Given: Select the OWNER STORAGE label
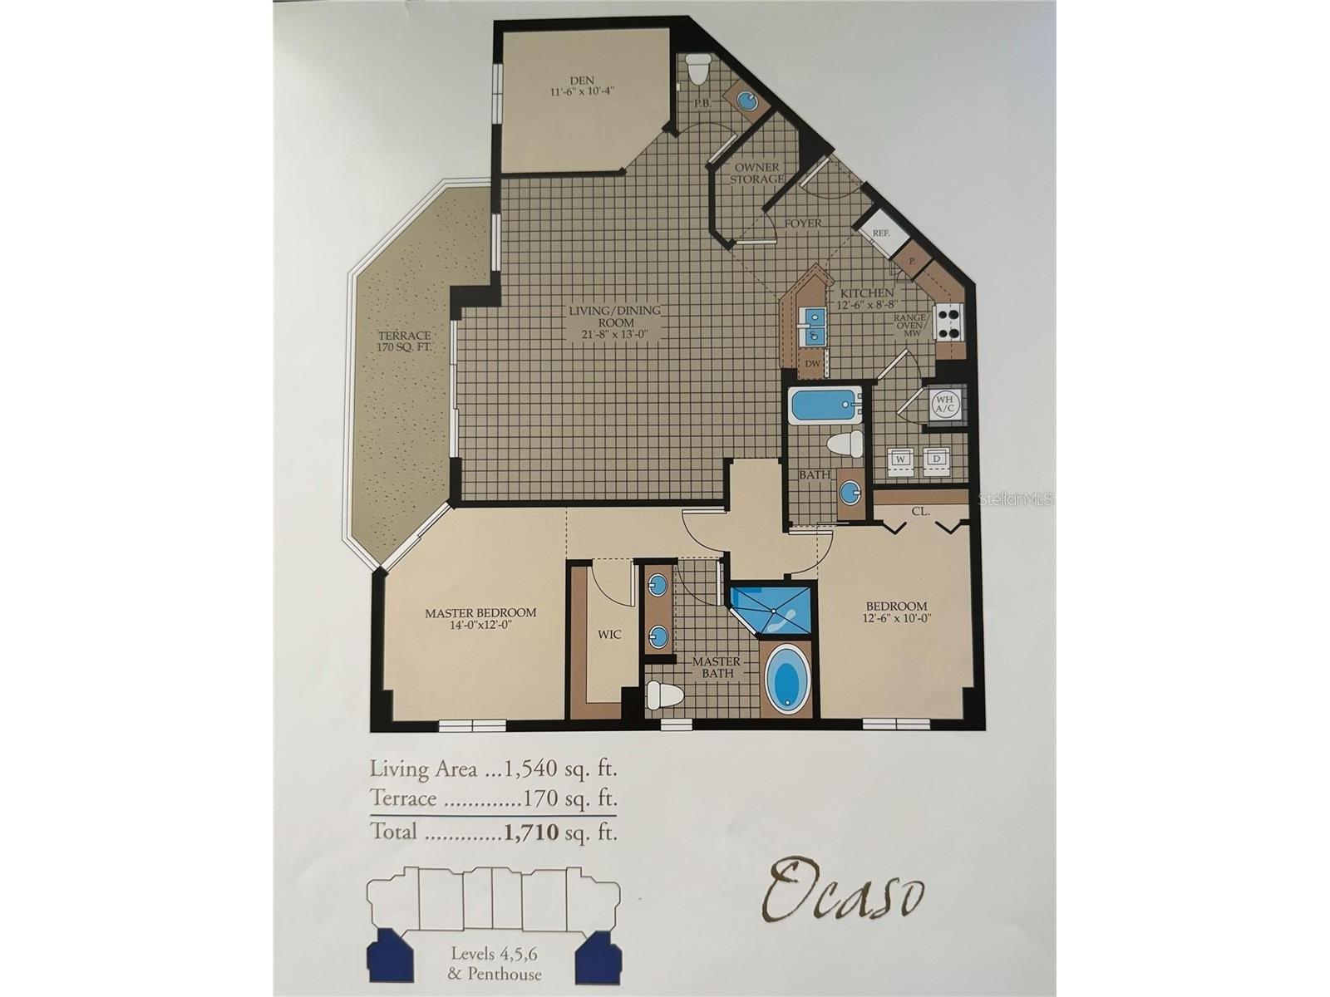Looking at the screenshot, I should pyautogui.click(x=756, y=173).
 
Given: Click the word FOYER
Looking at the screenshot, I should pyautogui.click(x=802, y=223).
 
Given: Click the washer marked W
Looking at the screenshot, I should pyautogui.click(x=900, y=458).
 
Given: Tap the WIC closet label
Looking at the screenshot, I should pyautogui.click(x=609, y=635).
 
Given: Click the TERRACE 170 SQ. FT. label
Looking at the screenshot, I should pyautogui.click(x=405, y=341).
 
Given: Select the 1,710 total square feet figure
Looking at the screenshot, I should pyautogui.click(x=531, y=832).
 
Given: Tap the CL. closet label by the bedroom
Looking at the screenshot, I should pyautogui.click(x=920, y=512).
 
